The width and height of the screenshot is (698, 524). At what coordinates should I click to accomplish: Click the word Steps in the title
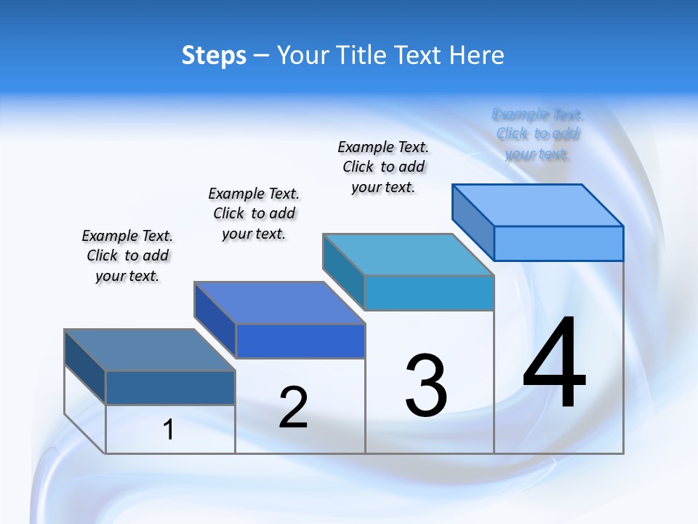click(x=214, y=55)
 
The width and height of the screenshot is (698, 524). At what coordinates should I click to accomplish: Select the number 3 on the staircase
click(x=426, y=386)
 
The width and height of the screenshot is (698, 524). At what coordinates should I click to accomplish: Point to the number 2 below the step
click(x=293, y=408)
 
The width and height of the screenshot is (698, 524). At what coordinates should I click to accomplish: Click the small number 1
click(x=169, y=430)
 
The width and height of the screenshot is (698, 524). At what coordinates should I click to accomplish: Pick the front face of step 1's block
click(x=170, y=388)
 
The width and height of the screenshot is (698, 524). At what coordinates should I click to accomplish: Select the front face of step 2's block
click(x=300, y=341)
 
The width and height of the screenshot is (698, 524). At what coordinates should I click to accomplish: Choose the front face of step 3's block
click(x=429, y=293)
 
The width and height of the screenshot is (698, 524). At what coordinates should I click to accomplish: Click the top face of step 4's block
click(x=538, y=205)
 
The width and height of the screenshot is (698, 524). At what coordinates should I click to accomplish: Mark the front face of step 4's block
click(x=558, y=243)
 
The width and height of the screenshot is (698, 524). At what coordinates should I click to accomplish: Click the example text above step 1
click(x=127, y=255)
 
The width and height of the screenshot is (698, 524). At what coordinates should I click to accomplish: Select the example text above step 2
click(x=254, y=213)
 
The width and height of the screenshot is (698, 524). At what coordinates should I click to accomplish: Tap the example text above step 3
click(x=383, y=167)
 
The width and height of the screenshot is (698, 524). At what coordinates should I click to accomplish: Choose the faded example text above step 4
click(x=538, y=134)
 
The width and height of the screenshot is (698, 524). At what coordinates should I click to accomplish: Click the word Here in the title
click(x=478, y=55)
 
